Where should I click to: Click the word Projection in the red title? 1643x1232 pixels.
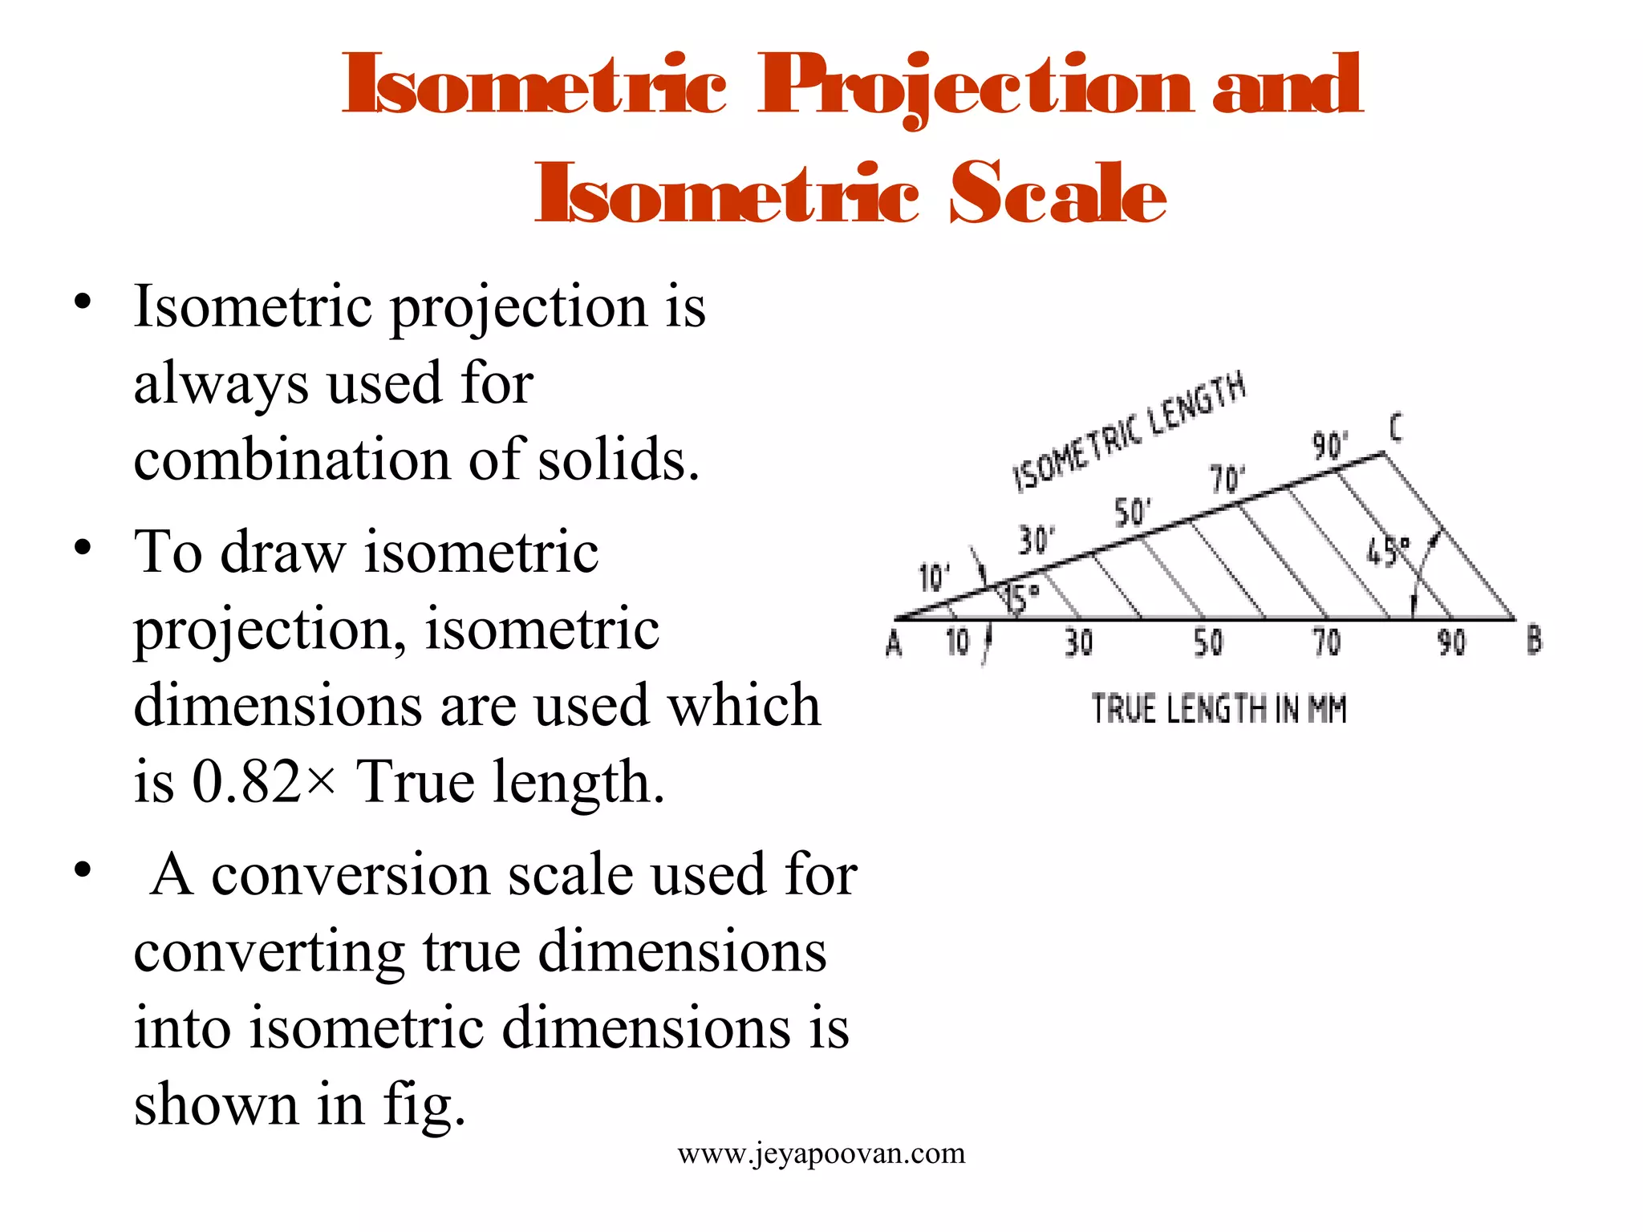click(975, 86)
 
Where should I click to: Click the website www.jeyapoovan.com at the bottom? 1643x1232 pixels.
click(821, 1153)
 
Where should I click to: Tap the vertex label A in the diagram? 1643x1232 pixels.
click(894, 642)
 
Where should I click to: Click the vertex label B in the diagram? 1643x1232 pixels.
click(1534, 641)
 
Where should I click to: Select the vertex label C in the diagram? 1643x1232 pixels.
click(1396, 428)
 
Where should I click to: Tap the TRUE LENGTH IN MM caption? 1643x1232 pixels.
click(1218, 710)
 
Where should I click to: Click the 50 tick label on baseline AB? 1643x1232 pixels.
click(1208, 642)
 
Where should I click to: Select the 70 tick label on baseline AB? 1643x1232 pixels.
click(1326, 642)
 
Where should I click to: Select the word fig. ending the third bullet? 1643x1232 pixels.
click(424, 1105)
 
